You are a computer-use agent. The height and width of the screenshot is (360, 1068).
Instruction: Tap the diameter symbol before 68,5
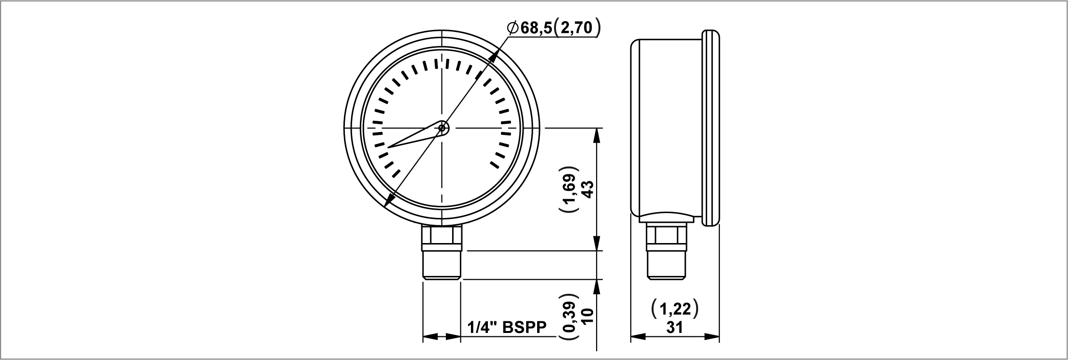(x=513, y=28)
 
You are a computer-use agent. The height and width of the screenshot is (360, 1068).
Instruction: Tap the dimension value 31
(x=674, y=327)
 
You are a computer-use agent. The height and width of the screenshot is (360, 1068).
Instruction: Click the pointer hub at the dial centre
(x=442, y=128)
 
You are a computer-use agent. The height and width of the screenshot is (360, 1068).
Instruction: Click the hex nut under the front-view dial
(x=442, y=237)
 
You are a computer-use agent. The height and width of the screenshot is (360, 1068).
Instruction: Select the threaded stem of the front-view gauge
(x=442, y=265)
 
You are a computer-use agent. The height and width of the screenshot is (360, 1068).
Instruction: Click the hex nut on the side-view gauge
(x=667, y=237)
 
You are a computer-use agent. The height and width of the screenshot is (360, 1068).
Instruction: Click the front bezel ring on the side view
(x=711, y=128)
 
